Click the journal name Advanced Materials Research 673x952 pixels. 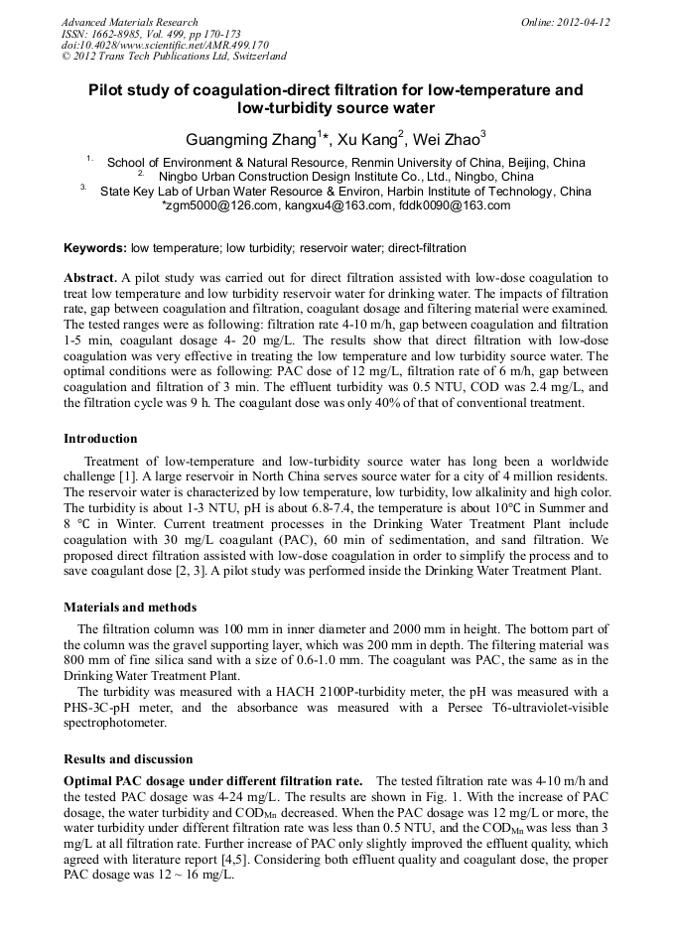click(129, 22)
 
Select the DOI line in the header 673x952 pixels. click(165, 45)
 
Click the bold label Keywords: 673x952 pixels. click(95, 248)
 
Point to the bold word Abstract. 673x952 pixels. click(90, 277)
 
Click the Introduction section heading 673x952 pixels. click(100, 438)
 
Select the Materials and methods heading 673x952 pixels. click(130, 607)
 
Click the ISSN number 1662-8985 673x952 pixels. click(117, 34)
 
